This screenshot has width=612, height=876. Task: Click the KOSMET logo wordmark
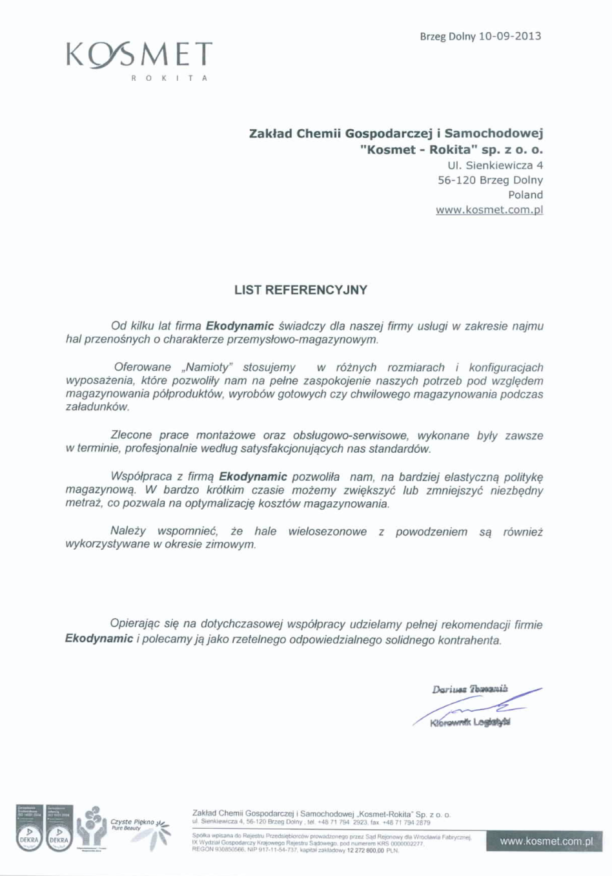click(x=139, y=54)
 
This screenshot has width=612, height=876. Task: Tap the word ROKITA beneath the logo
click(x=169, y=78)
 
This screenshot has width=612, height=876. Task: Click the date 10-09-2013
click(x=509, y=36)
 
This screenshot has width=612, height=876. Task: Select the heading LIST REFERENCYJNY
click(x=301, y=290)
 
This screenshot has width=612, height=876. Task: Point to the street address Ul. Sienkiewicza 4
click(x=495, y=165)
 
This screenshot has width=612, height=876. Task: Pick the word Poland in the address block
click(x=525, y=194)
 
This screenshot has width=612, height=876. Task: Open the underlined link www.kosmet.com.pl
click(x=489, y=210)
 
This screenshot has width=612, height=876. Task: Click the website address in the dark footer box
click(x=546, y=841)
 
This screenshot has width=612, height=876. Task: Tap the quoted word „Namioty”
click(x=209, y=368)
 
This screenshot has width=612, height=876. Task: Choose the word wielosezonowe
click(x=327, y=532)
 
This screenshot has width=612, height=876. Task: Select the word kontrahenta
click(x=469, y=640)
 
